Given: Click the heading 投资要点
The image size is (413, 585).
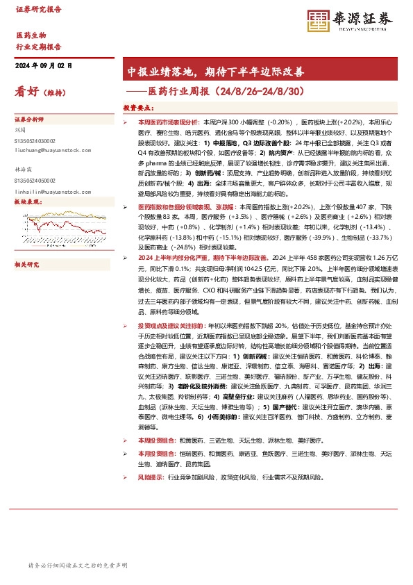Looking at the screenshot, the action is tap(138, 108).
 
